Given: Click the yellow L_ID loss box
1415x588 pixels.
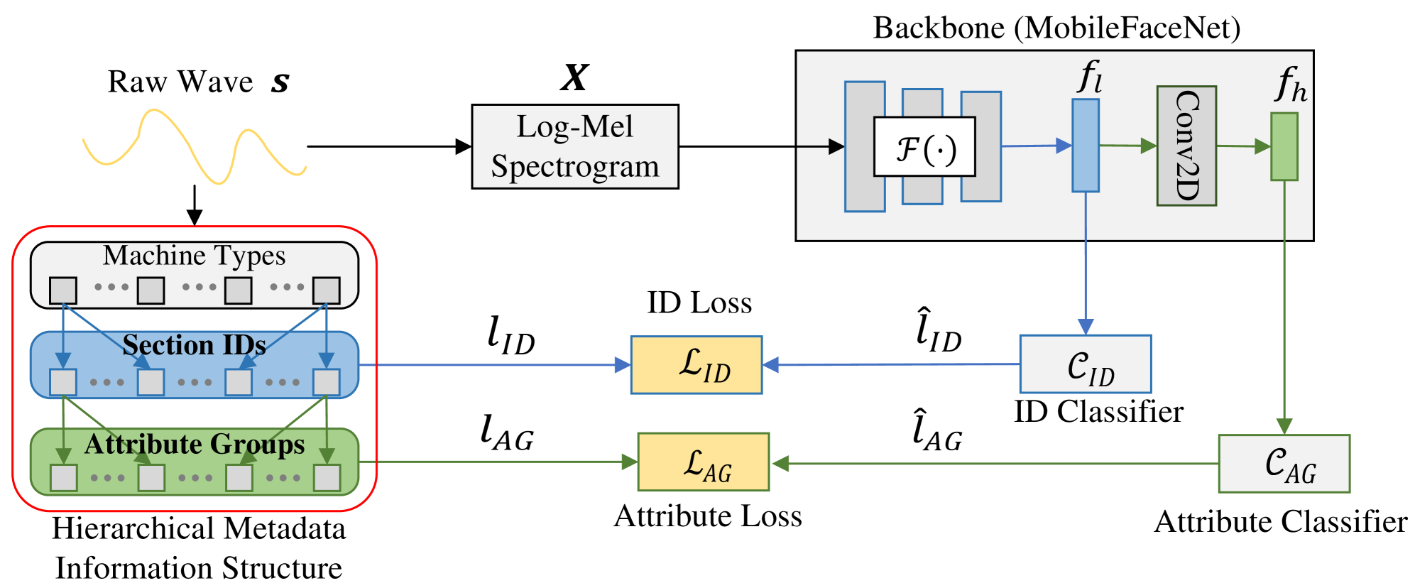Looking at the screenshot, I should pos(696,365).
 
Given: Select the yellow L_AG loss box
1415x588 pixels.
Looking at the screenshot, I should pos(703,462).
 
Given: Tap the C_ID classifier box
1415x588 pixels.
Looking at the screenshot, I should pos(1085,364).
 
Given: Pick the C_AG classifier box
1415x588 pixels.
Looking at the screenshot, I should pos(1284,464).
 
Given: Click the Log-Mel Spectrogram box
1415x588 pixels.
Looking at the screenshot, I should pos(575,146).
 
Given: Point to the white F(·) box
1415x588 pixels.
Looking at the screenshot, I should pos(924,147).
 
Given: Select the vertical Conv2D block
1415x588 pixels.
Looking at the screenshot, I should pos(1186,146).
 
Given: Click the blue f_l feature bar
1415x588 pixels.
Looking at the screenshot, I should pos(1085,146).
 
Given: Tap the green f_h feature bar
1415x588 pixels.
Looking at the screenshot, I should pos(1284,147).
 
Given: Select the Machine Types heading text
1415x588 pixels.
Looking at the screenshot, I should pos(194,256).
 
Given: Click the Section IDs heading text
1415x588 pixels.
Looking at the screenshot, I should pos(194,345).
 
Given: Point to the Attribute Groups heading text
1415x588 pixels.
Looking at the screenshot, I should pos(194,444).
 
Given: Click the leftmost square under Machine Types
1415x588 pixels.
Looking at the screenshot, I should pos(63,290).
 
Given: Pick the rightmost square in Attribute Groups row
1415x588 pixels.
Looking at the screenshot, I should pos(327,477).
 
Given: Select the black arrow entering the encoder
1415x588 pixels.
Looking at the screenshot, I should pos(820,147).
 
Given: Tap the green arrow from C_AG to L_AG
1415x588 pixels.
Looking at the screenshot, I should pos(994,464).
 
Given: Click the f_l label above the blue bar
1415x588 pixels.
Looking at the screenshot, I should pos(1090,76).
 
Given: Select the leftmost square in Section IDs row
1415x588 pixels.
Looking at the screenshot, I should pos(63,382).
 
